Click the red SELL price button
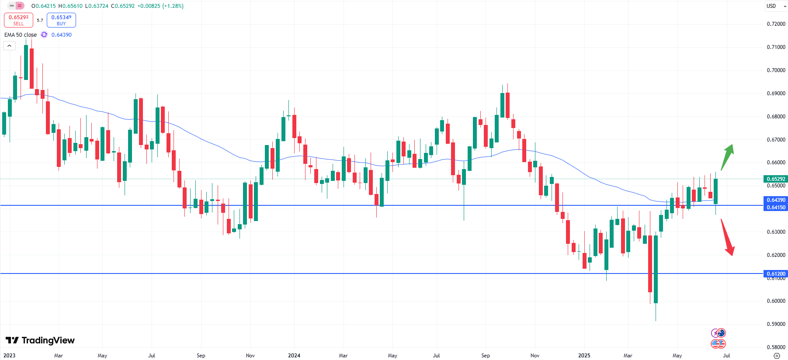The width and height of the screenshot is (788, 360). pos(18,20)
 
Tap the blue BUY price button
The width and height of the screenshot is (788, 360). pos(61,20)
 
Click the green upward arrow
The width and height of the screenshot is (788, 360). pos(727,156)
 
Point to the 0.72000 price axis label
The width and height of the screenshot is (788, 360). pos(776,24)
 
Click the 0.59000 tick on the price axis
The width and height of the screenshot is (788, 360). pos(776,324)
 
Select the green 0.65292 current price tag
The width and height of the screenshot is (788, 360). pos(775,179)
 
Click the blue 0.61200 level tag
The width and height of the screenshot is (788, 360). pos(775,273)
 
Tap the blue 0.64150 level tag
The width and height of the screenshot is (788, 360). pos(775,208)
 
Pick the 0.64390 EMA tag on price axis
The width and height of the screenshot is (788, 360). pos(775,200)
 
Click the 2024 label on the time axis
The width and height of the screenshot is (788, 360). pos(294,356)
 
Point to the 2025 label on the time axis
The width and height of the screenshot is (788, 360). pos(584,356)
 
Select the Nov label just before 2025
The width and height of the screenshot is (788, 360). pos(535,356)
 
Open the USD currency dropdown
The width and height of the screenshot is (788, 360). pos(776,6)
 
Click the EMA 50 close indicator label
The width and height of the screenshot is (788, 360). pos(21,35)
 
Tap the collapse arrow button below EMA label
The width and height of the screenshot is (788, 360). pos(9,45)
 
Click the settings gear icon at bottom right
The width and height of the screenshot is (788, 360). pos(777,356)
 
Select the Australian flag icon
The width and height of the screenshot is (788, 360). pos(721,333)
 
